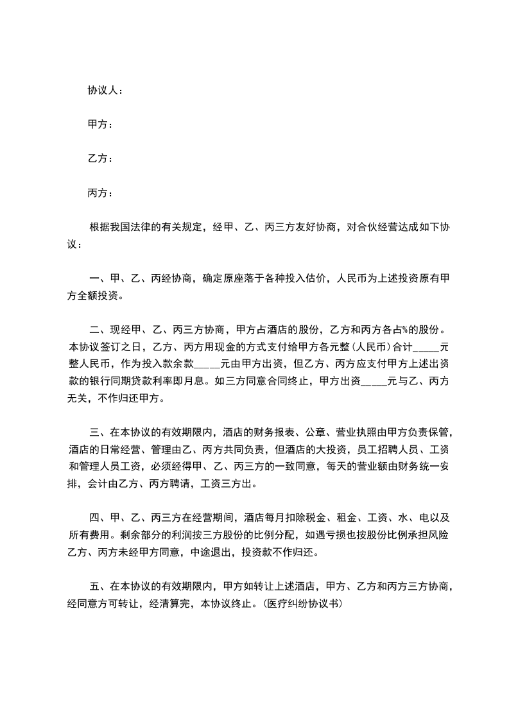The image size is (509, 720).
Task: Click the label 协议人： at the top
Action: point(105,90)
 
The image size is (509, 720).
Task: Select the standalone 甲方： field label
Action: point(100,124)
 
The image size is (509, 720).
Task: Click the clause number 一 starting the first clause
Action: point(95,279)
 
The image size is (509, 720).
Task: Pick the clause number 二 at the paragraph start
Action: point(95,330)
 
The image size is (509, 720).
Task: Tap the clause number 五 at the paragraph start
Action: point(95,586)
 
